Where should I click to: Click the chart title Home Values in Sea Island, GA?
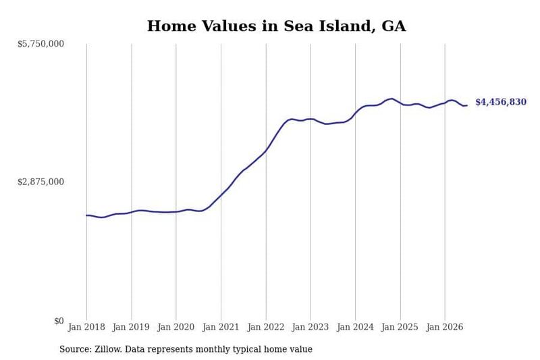(x=277, y=26)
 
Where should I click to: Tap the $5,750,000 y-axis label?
(x=40, y=44)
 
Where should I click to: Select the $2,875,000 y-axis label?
(x=40, y=182)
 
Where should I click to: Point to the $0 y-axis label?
(x=59, y=321)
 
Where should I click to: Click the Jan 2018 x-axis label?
(x=86, y=327)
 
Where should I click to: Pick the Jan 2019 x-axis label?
(x=131, y=327)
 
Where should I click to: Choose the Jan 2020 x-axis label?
(x=176, y=327)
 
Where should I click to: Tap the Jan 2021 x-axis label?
(x=221, y=327)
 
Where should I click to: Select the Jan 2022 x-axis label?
(x=266, y=327)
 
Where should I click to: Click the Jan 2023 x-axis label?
(x=310, y=327)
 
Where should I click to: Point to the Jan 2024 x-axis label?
(x=355, y=327)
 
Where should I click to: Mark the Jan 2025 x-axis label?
(x=400, y=327)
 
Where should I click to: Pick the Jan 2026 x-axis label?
(x=445, y=327)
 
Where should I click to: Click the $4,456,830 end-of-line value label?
(x=501, y=102)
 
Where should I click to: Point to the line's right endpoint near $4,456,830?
(x=467, y=105)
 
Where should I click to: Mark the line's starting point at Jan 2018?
(x=86, y=215)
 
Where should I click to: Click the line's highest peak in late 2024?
(x=392, y=99)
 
